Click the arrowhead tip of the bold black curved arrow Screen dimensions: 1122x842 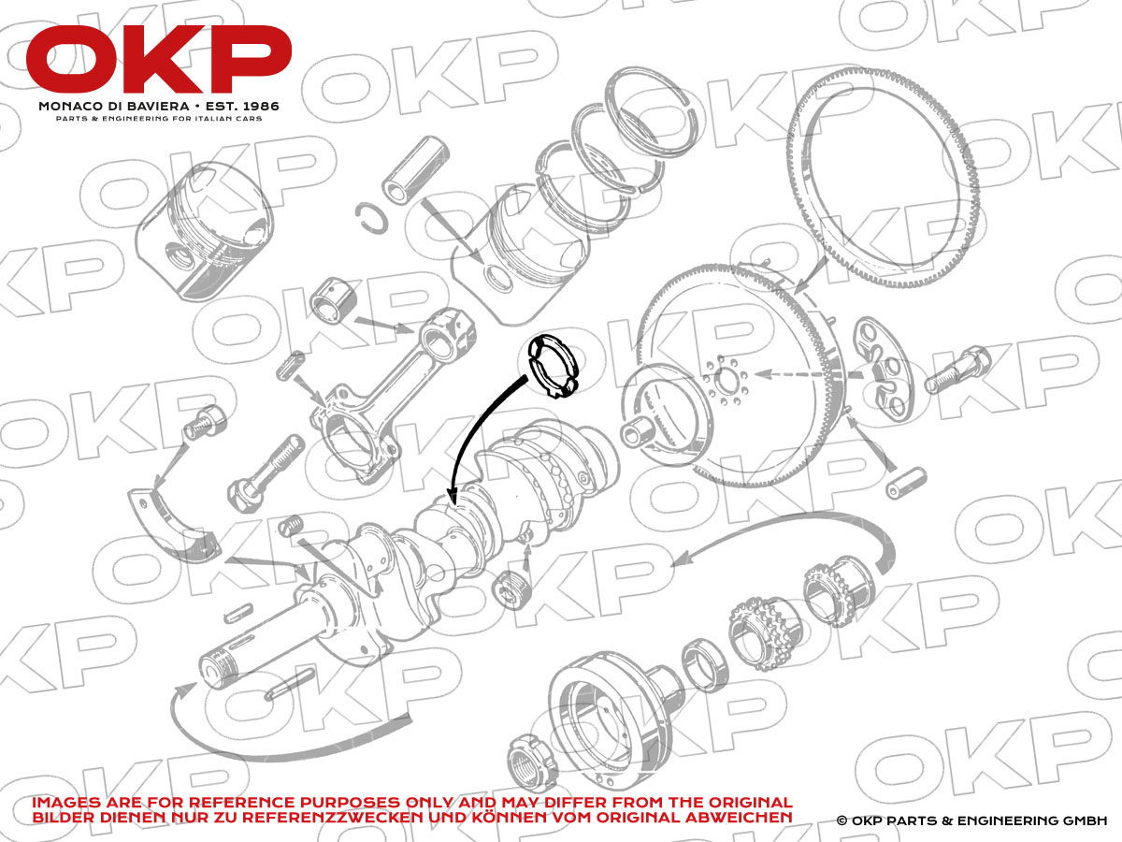(x=452, y=503)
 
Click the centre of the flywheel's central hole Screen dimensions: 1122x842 (x=726, y=379)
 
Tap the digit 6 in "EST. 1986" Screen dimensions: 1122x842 (x=274, y=106)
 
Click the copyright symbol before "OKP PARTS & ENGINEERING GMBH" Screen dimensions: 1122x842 (x=841, y=820)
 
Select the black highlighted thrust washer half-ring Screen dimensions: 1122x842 (x=554, y=366)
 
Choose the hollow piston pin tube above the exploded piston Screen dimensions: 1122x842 (x=416, y=169)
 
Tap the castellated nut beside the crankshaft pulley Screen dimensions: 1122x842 (x=531, y=762)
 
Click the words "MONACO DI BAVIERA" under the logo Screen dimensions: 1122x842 (x=114, y=107)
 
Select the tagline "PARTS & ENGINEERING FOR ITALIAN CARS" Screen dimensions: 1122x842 (x=159, y=119)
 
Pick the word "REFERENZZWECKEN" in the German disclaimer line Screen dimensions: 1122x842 (x=333, y=817)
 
